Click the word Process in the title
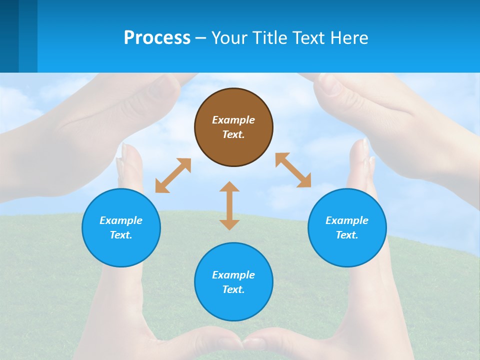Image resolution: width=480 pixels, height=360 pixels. [157, 38]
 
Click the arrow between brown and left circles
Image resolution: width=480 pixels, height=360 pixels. [173, 175]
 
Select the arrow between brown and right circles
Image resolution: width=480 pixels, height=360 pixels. [293, 170]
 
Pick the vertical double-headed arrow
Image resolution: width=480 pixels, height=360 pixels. [229, 205]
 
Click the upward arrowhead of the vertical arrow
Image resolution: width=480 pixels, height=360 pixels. [229, 186]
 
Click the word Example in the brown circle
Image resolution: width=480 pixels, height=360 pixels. [233, 120]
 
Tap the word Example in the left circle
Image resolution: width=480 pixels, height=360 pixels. [121, 220]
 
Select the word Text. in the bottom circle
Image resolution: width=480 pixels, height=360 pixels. [233, 289]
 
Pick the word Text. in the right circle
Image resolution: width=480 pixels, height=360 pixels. [347, 235]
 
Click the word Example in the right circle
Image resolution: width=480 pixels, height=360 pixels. [347, 220]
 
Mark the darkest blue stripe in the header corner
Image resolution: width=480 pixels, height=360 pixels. [9, 36]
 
